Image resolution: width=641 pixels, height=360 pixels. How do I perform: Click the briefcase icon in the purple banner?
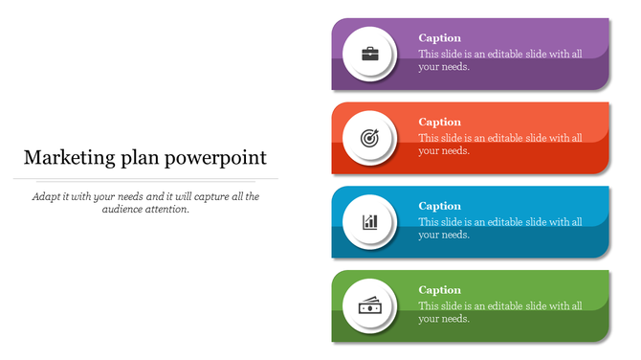click(x=369, y=54)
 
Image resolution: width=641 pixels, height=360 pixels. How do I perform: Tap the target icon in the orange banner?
click(x=369, y=138)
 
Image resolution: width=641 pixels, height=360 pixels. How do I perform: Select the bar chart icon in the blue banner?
click(x=369, y=222)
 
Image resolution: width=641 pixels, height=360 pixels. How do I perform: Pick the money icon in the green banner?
click(x=369, y=306)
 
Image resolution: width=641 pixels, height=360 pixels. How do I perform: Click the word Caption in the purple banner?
click(x=440, y=38)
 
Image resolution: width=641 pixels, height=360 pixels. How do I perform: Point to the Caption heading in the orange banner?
click(x=440, y=122)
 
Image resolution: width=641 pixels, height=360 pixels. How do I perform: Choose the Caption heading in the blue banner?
click(x=440, y=206)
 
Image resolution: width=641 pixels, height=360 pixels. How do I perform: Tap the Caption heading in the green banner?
click(x=440, y=290)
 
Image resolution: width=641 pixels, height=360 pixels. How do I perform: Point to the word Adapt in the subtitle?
click(x=46, y=196)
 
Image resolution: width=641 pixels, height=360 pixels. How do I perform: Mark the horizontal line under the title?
click(x=150, y=179)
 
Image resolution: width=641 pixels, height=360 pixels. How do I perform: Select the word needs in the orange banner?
click(x=454, y=151)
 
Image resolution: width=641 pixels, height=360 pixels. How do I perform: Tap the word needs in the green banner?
click(x=454, y=320)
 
